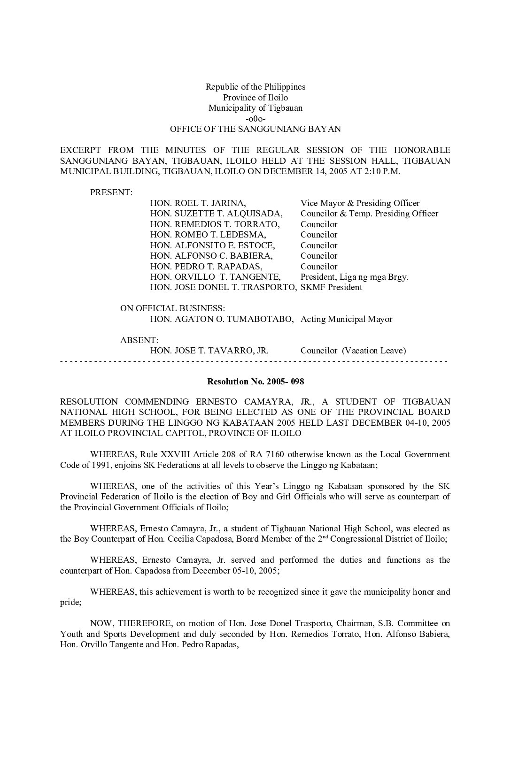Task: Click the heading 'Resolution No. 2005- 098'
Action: [255, 381]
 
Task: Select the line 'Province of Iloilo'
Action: [255, 98]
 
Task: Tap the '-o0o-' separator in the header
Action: [255, 118]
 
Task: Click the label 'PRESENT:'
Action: [111, 192]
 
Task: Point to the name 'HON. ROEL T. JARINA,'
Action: [198, 203]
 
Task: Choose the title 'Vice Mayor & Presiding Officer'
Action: [360, 203]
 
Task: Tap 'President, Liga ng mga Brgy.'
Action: [354, 277]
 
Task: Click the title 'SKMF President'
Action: [331, 287]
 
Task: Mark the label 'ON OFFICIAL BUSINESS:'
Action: [172, 308]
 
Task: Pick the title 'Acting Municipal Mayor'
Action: [346, 319]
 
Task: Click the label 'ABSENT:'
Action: [139, 340]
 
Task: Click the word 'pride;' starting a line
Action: [70, 602]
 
